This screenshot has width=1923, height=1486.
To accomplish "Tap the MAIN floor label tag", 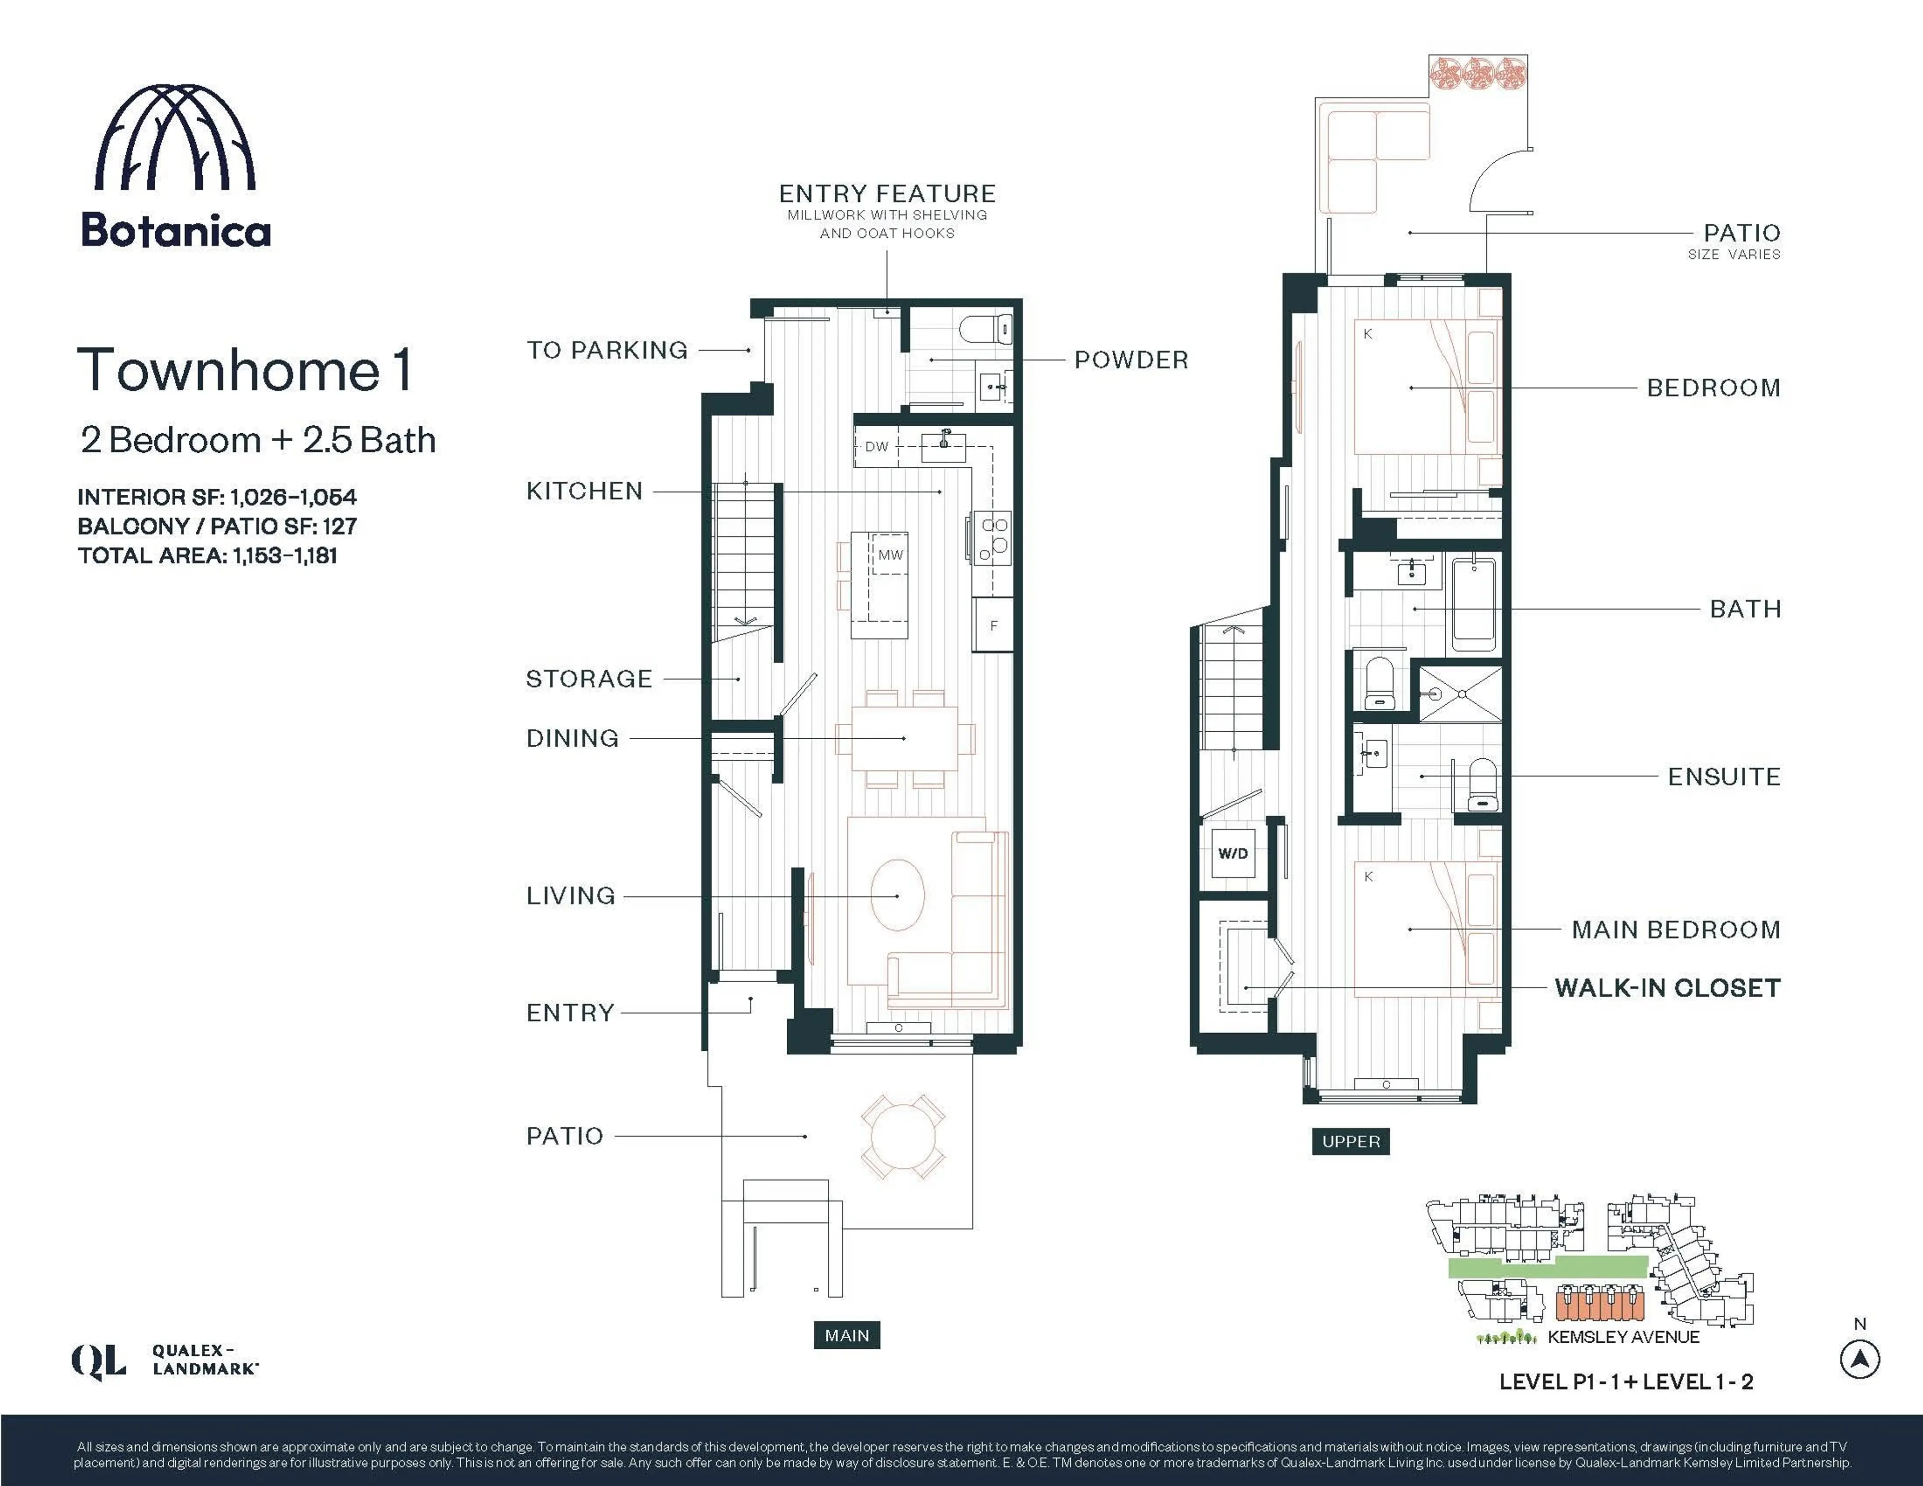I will click(846, 1335).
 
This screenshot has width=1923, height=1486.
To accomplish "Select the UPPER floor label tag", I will click(1351, 1141).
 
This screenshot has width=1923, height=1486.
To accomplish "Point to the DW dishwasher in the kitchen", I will click(876, 447).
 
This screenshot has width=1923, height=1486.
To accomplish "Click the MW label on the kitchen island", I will click(890, 555).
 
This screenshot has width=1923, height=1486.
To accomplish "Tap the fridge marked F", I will click(993, 626).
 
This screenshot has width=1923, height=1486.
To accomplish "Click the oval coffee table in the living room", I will click(897, 895).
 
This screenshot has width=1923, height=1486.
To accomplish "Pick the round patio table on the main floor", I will click(902, 1136).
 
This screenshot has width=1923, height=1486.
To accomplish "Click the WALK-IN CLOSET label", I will click(1667, 988).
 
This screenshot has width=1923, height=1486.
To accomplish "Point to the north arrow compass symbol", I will click(1859, 1359).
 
